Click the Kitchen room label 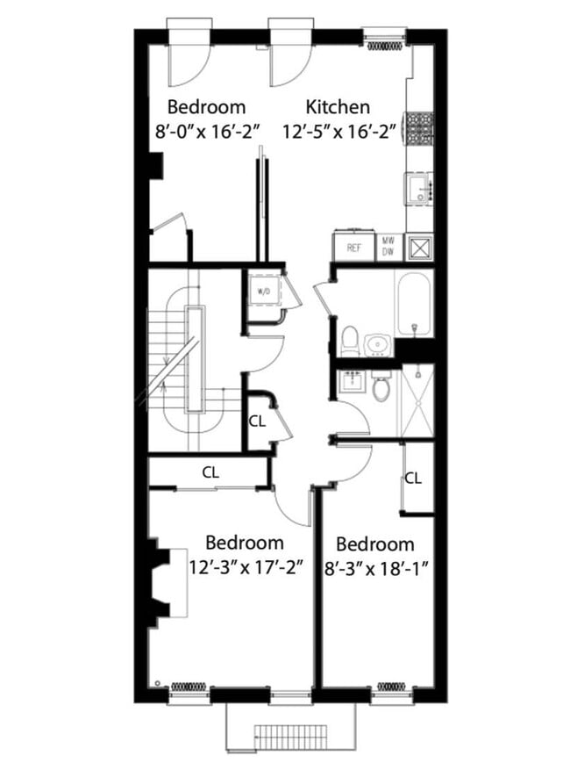[x=338, y=107]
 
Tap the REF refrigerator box [x=353, y=248]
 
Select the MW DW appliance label [x=388, y=246]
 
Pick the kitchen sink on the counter [x=419, y=189]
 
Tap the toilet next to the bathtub [x=350, y=339]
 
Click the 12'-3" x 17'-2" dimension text [x=246, y=566]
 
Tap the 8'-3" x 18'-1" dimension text [x=374, y=567]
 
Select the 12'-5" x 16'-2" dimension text [x=339, y=132]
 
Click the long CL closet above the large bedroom [x=210, y=472]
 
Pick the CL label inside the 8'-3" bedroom [x=413, y=479]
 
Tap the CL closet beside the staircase [x=256, y=421]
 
